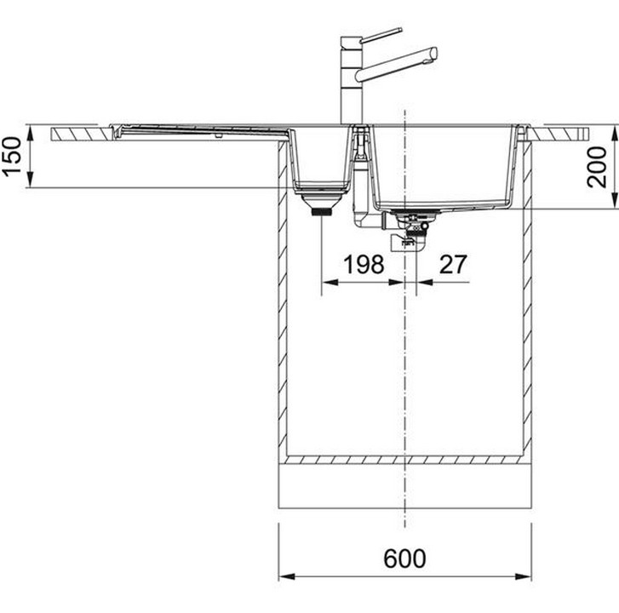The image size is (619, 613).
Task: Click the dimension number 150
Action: [12, 157]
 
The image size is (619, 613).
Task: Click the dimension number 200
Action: [597, 167]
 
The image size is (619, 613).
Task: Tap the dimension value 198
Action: [364, 264]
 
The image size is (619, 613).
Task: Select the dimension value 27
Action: [453, 264]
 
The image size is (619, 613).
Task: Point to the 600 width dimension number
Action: [405, 559]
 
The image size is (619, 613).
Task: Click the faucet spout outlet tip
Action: [434, 54]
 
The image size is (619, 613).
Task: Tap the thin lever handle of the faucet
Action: [381, 34]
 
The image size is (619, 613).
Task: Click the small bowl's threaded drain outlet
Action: [322, 212]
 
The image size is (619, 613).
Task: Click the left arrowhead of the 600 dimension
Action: [287, 576]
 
